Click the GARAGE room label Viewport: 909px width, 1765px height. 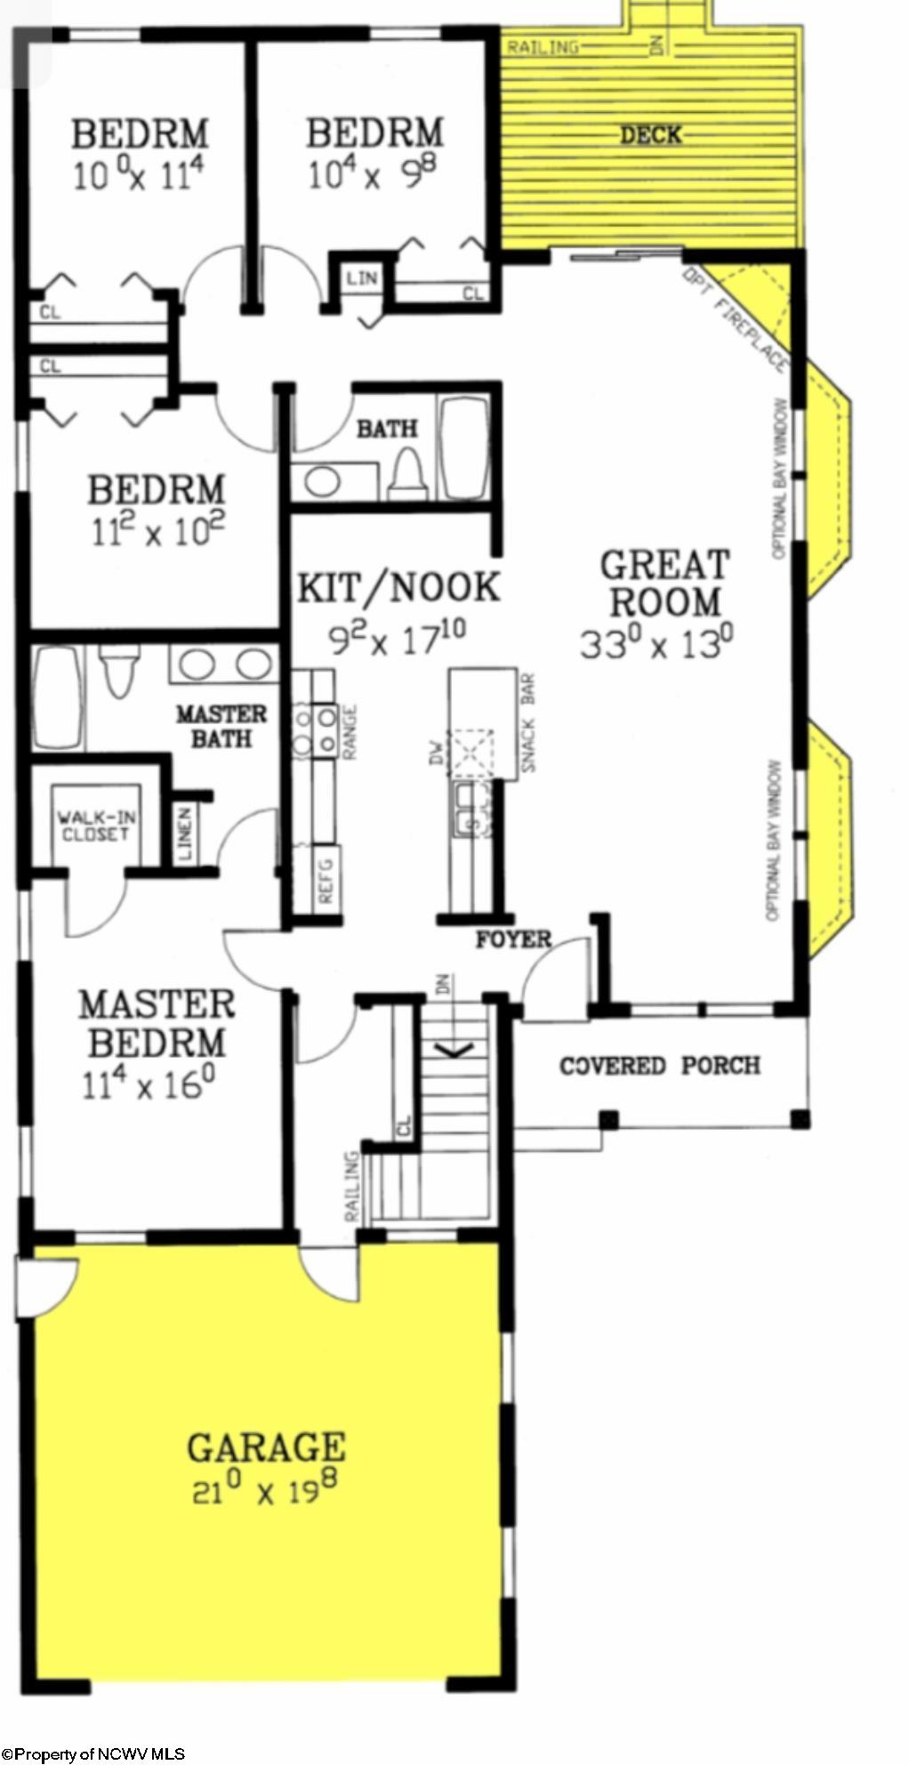pyautogui.click(x=265, y=1447)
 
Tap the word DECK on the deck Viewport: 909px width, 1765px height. pyautogui.click(x=650, y=135)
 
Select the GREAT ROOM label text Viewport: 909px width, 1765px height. pyautogui.click(x=664, y=584)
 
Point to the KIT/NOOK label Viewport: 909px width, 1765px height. pyautogui.click(x=398, y=588)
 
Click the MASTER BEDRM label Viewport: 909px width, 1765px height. pyautogui.click(x=157, y=1023)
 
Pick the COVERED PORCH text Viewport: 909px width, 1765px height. pyautogui.click(x=659, y=1065)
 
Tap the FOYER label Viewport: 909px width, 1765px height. pyautogui.click(x=513, y=939)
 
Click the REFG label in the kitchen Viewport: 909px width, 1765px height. pyautogui.click(x=326, y=881)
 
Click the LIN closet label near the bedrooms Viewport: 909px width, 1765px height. pyautogui.click(x=362, y=278)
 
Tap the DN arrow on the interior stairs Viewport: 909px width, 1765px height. pyautogui.click(x=453, y=1050)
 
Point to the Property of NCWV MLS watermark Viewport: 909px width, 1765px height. pyautogui.click(x=93, y=1754)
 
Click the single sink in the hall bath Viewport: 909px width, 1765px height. pyautogui.click(x=321, y=482)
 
